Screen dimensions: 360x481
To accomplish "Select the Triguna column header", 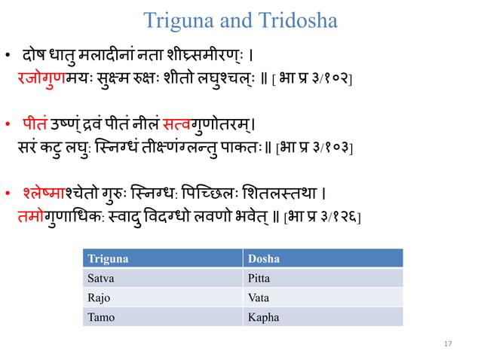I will (109, 258).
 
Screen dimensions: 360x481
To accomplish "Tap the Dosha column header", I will (264, 258).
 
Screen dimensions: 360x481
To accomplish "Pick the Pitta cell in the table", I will (259, 278).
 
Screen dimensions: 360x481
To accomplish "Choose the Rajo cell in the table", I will (100, 297).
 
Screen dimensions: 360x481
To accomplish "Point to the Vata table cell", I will (259, 297).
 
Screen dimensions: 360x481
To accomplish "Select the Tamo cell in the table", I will (102, 317).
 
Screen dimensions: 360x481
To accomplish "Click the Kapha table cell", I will (263, 317).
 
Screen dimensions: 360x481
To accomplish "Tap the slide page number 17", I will (448, 344).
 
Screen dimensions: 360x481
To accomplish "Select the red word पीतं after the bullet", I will (35, 121).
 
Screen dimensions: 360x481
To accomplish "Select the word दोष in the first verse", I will (35, 56).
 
